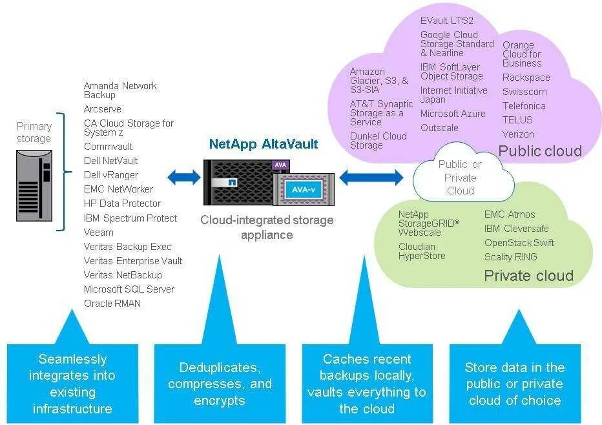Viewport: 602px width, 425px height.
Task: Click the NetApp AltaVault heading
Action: click(x=264, y=144)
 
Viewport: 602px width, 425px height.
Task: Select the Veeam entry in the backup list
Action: click(x=99, y=233)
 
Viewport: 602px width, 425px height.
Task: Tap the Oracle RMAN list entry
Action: click(x=112, y=304)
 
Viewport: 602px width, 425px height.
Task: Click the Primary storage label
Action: click(x=34, y=132)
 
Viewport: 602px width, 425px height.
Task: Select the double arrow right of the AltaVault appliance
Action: click(x=371, y=176)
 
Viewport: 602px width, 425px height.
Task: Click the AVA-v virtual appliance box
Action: click(x=304, y=190)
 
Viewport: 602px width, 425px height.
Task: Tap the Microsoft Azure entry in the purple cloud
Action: click(x=453, y=114)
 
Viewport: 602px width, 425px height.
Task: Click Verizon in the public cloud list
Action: click(x=518, y=134)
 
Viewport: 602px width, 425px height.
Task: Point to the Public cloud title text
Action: click(x=540, y=151)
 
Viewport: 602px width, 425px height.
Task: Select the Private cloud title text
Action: click(x=528, y=276)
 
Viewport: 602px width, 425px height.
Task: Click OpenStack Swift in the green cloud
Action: click(x=519, y=243)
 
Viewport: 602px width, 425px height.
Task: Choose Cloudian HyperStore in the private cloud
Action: click(x=422, y=251)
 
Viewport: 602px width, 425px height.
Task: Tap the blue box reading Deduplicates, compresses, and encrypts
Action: click(x=220, y=384)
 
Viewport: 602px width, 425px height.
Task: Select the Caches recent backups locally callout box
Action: click(x=366, y=384)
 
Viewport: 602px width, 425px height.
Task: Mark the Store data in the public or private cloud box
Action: click(x=514, y=384)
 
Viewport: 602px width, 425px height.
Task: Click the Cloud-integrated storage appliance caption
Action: click(x=267, y=227)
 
